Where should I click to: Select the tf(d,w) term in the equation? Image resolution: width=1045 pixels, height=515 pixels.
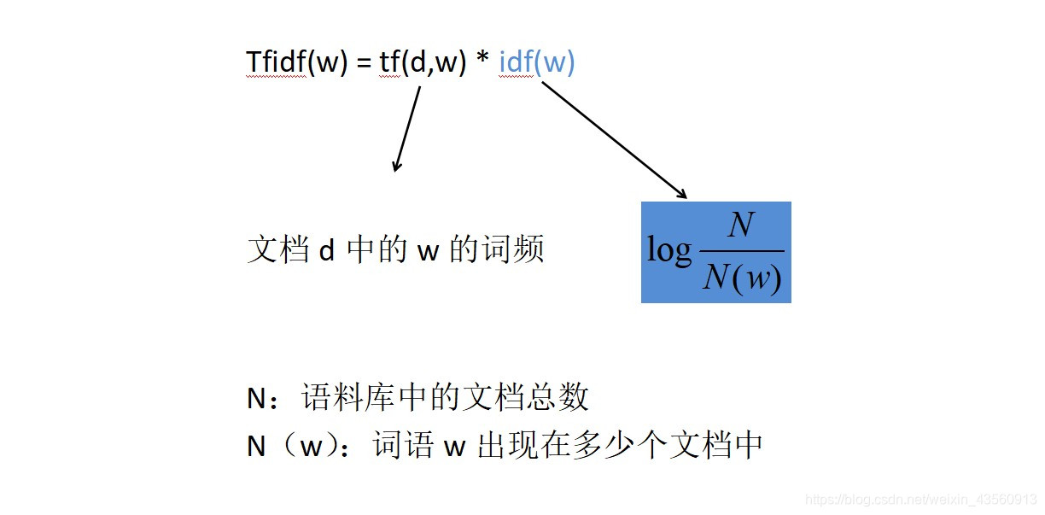click(x=423, y=63)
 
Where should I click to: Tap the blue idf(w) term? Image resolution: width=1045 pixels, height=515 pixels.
click(x=537, y=63)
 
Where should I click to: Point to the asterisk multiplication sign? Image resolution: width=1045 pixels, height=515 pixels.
click(x=482, y=61)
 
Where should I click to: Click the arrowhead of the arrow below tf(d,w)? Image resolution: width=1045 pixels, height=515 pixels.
click(x=395, y=167)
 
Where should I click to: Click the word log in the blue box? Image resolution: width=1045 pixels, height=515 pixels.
click(x=669, y=250)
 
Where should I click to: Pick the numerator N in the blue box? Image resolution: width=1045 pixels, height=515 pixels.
click(x=741, y=226)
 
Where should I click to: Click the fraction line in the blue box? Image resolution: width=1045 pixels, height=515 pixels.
click(x=741, y=251)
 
